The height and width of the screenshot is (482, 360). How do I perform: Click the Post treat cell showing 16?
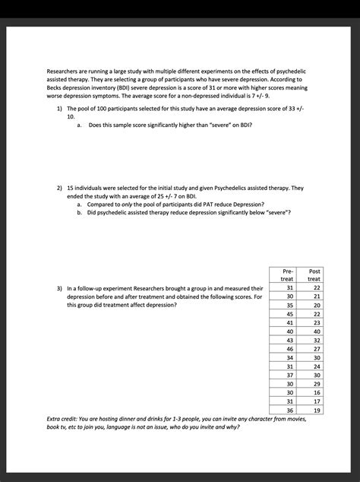316,392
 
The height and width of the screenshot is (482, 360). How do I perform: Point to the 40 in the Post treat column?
316,331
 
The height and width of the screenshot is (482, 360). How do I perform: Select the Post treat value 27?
316,348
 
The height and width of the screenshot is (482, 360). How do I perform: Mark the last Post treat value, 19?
316,409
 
